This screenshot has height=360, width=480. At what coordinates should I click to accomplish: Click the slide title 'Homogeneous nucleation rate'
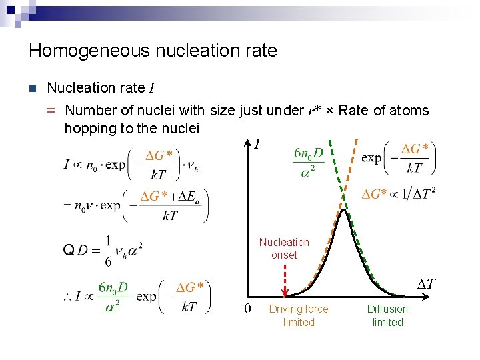coord(153,51)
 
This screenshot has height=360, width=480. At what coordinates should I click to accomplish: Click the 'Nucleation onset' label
coord(284,249)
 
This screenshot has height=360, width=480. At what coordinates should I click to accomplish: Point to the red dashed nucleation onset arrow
coord(285,280)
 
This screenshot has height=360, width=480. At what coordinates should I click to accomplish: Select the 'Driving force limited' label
coord(298,315)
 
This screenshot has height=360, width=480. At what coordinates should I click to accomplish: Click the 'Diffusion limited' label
coord(387,315)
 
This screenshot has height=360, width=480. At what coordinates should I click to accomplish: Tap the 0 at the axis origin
coord(247,309)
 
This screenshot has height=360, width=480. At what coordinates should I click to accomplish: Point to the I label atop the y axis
coord(258,143)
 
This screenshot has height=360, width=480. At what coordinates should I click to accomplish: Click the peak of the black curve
coord(343,210)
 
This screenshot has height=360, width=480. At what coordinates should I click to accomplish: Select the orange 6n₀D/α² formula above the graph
coord(308,161)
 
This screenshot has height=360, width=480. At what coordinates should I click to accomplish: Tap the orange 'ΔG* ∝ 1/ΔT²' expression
coord(399,194)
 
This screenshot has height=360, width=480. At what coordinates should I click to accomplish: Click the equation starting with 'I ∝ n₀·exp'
coord(131,164)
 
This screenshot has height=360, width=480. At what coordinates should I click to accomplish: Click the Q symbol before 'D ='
coord(67,250)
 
